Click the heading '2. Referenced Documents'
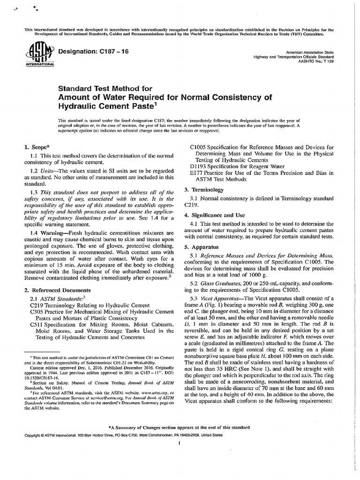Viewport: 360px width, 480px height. (58, 290)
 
